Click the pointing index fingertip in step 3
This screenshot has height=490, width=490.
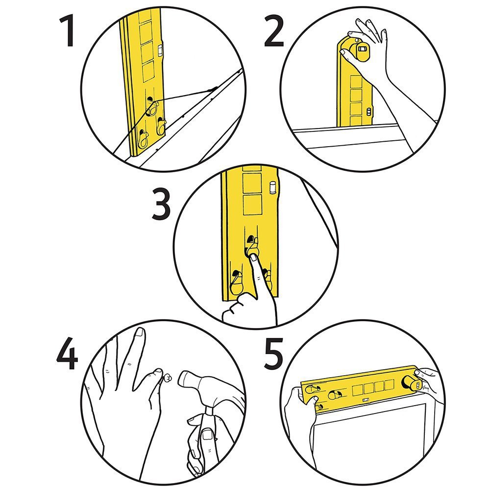252,255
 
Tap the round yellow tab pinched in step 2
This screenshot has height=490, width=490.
360,52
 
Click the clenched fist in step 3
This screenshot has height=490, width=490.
240,309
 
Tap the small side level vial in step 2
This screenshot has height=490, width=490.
369,112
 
